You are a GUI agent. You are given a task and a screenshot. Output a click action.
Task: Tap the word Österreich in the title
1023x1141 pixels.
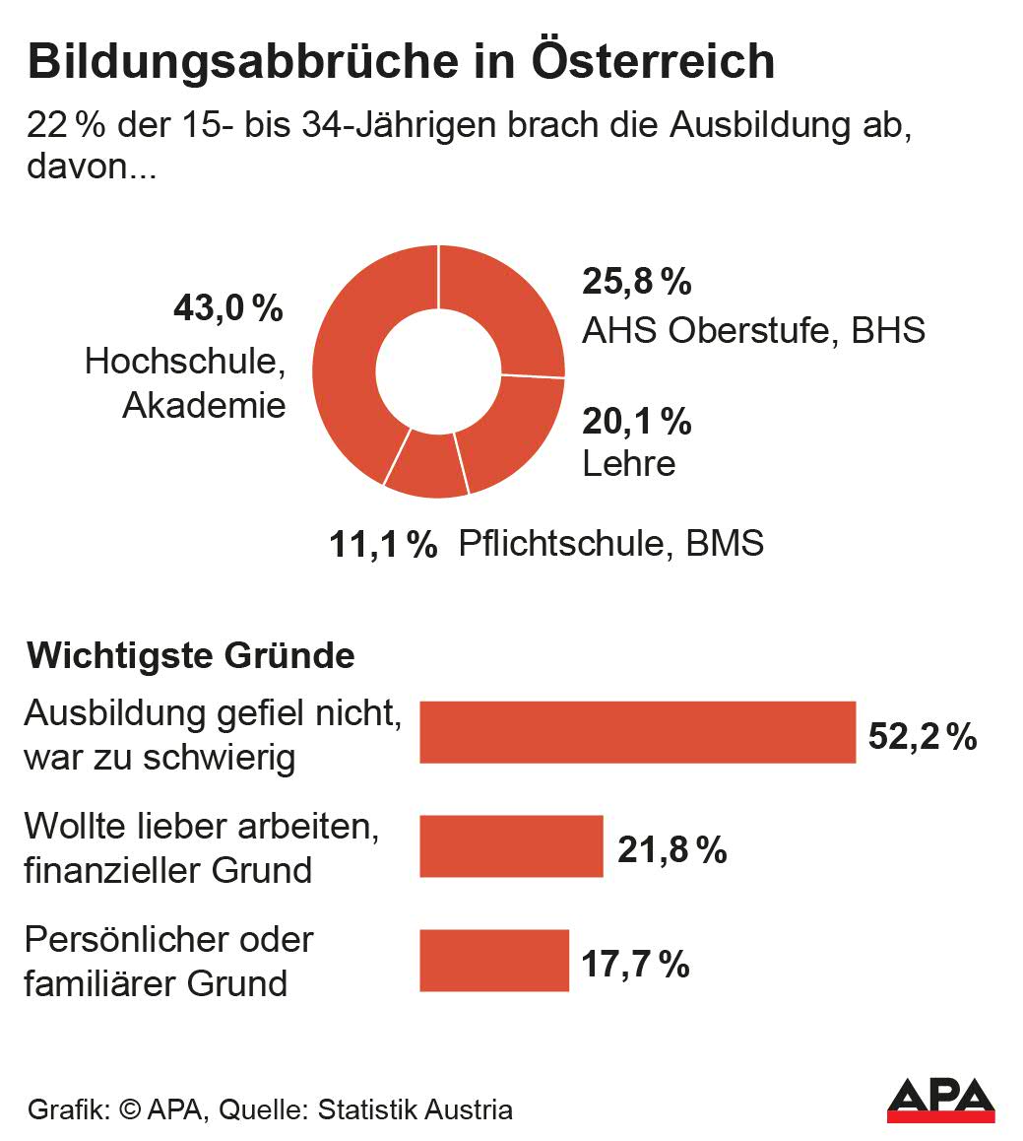tap(653, 62)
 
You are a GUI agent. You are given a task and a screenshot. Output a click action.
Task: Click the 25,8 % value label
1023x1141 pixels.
tap(637, 282)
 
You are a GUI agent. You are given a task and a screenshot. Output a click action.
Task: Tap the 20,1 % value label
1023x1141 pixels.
tap(637, 422)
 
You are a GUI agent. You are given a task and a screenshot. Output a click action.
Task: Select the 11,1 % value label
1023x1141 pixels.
tap(383, 544)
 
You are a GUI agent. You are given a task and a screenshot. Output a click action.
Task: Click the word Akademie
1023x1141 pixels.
tap(204, 405)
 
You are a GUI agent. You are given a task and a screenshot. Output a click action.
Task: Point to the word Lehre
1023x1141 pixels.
tap(629, 464)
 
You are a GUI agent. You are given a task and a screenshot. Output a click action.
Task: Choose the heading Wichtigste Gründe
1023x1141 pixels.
tap(192, 655)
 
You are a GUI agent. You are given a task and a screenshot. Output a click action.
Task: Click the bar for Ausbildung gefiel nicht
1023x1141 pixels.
tap(637, 732)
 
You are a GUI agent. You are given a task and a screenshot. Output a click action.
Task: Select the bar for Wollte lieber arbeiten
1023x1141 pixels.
tap(511, 846)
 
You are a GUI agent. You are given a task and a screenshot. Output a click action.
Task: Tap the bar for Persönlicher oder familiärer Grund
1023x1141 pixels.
tap(494, 961)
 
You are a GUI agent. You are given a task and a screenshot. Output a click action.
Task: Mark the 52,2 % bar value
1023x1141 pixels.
tap(923, 736)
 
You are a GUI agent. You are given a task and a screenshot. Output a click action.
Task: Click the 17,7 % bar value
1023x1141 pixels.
tap(635, 965)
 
